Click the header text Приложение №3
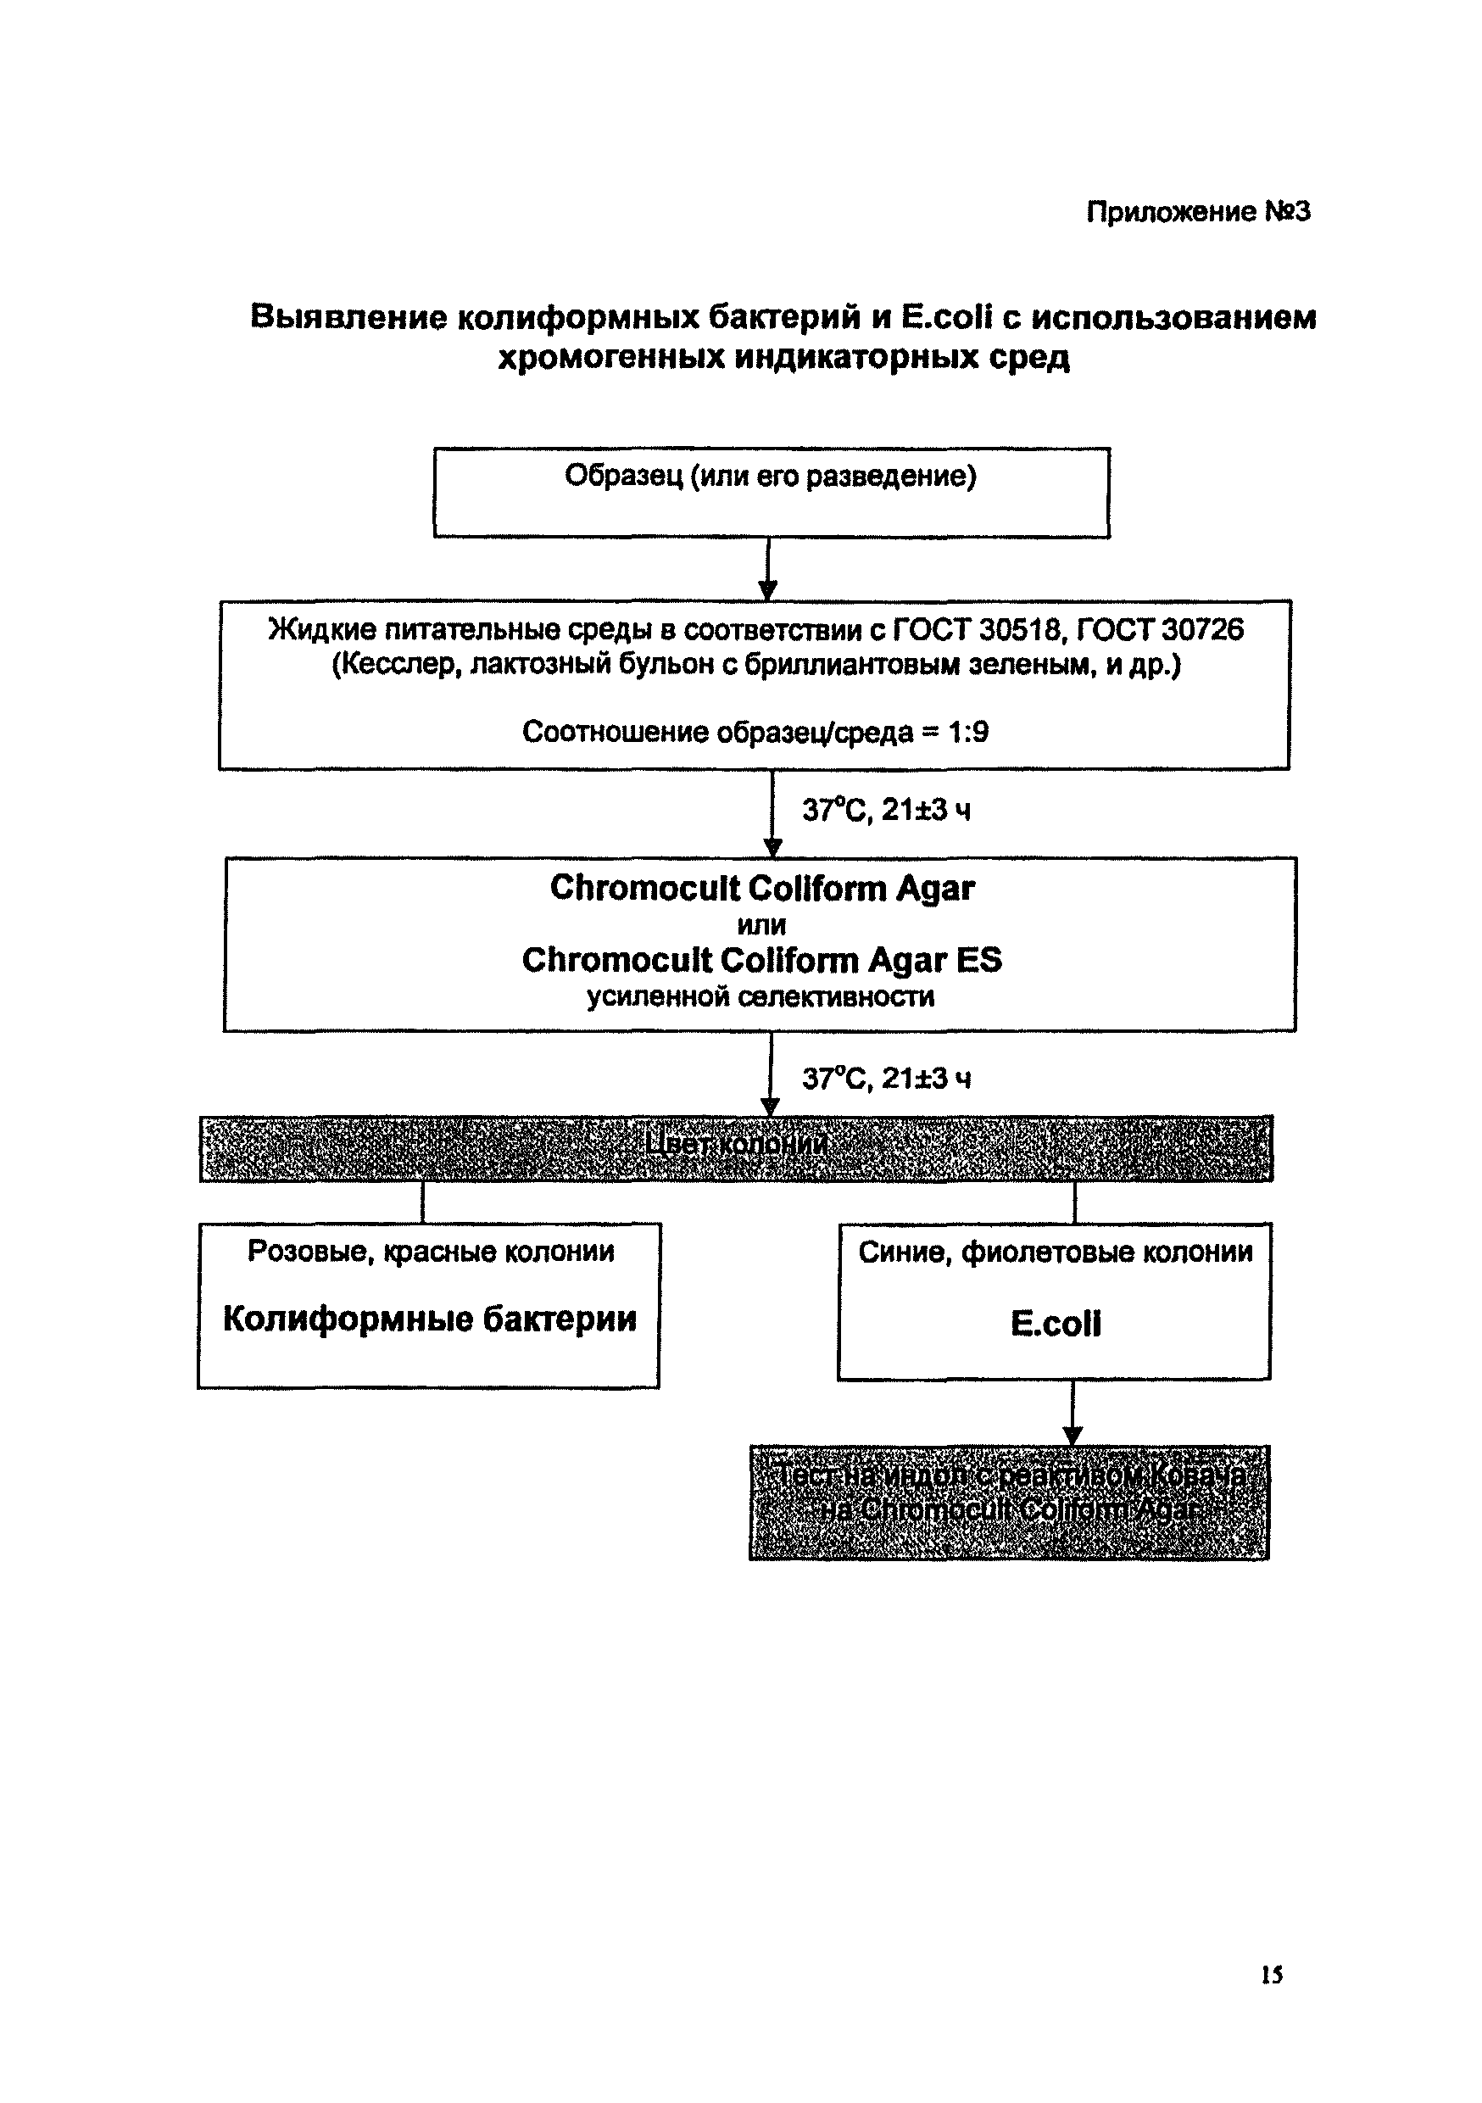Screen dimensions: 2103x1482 click(1197, 213)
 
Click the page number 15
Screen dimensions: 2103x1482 click(1272, 1975)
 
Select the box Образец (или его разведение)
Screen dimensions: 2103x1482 click(771, 492)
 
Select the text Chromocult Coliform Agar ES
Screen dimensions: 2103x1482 click(761, 961)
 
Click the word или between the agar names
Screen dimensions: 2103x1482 click(761, 925)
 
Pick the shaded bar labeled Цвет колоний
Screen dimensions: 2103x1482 click(736, 1148)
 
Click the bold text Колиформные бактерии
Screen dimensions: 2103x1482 click(430, 1319)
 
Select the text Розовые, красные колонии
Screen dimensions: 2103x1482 click(431, 1251)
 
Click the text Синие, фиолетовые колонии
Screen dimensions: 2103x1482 click(1056, 1252)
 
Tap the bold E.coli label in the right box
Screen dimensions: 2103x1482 click(1056, 1324)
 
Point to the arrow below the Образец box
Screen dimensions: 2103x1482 click(768, 569)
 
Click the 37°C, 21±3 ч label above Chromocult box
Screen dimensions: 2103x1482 click(886, 811)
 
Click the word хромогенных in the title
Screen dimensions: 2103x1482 click(611, 357)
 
